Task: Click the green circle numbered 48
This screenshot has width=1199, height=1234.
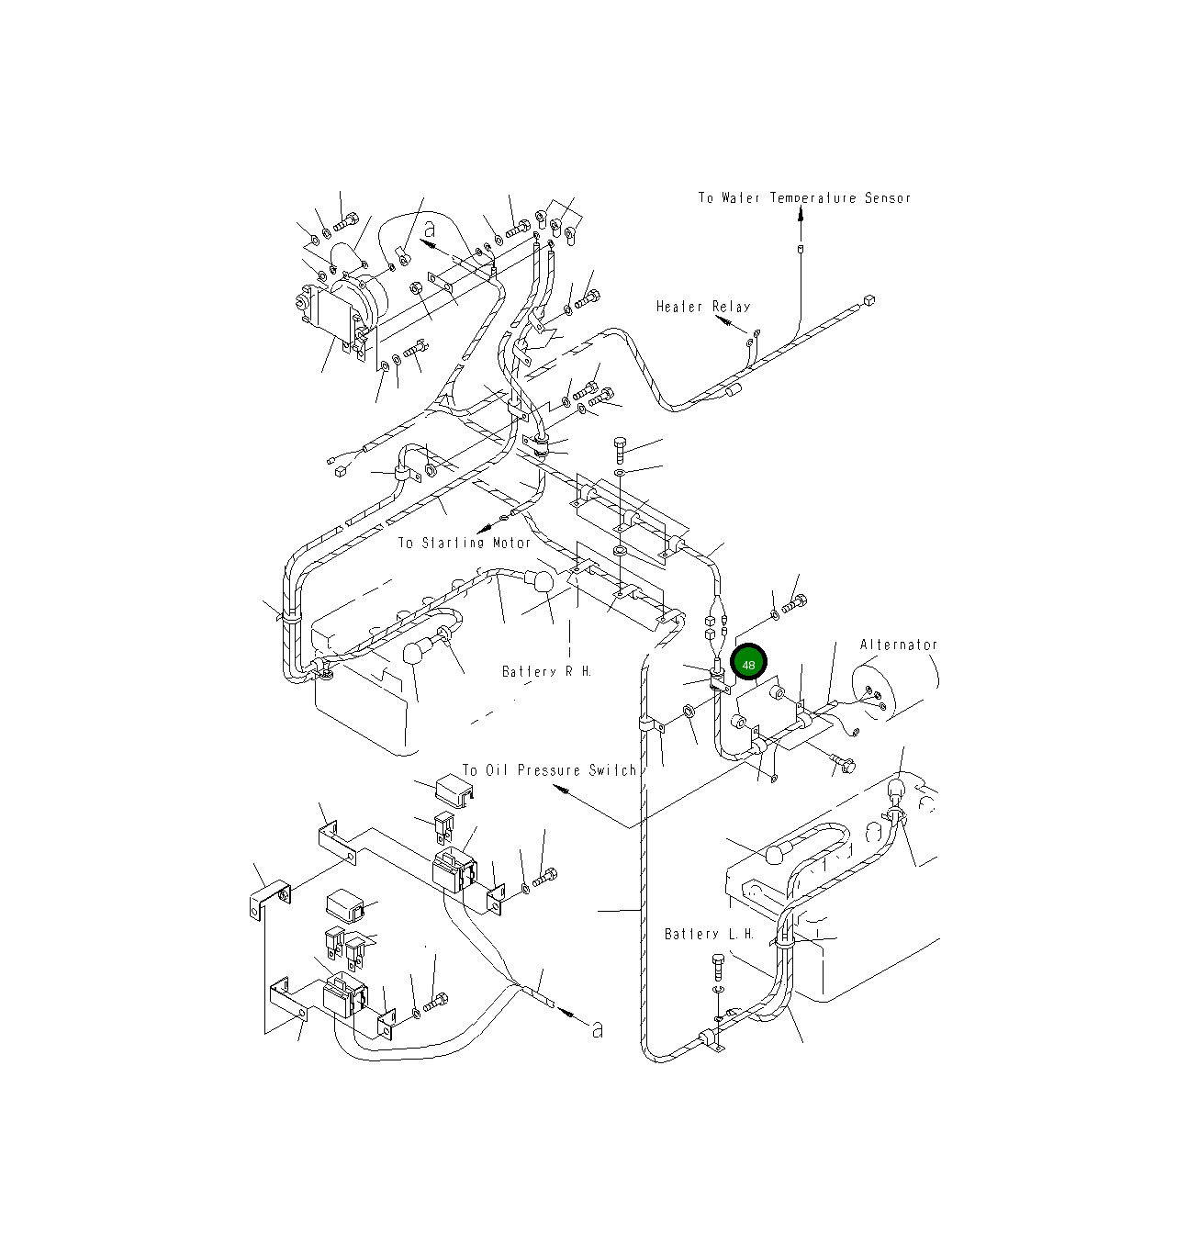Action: pyautogui.click(x=748, y=663)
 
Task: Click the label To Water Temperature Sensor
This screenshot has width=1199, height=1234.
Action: pyautogui.click(x=804, y=198)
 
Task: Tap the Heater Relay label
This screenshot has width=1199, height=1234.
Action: pyautogui.click(x=702, y=307)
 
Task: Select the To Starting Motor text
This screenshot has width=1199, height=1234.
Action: pyautogui.click(x=464, y=543)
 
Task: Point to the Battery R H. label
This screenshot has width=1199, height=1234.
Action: pyautogui.click(x=546, y=671)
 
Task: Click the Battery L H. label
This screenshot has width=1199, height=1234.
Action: pyautogui.click(x=709, y=934)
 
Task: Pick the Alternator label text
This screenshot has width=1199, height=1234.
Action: pyautogui.click(x=898, y=645)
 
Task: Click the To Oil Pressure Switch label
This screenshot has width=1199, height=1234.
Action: pyautogui.click(x=548, y=770)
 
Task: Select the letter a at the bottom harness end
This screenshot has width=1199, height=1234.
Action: pyautogui.click(x=598, y=1030)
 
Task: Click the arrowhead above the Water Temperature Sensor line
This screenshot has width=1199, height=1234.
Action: pyautogui.click(x=801, y=214)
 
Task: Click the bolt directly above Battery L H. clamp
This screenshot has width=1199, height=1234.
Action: pyautogui.click(x=719, y=967)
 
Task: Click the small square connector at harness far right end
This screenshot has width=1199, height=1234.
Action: pyautogui.click(x=869, y=300)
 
